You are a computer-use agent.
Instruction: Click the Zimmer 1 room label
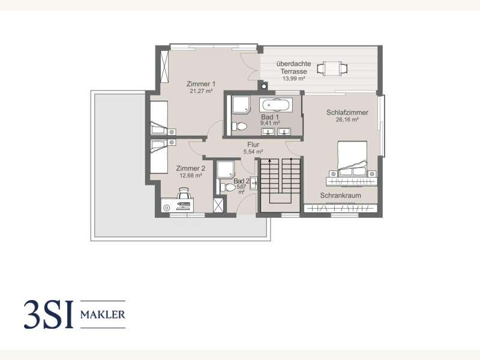click(x=201, y=84)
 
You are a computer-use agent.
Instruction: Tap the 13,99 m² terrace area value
click(x=293, y=79)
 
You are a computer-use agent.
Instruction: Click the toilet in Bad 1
click(x=239, y=126)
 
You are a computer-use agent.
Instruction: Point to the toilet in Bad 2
click(x=228, y=187)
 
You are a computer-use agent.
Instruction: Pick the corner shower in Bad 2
click(x=226, y=169)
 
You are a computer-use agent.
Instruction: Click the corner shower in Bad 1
click(x=241, y=104)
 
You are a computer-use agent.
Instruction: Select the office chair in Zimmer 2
click(x=184, y=193)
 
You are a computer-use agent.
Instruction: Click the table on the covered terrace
click(x=332, y=68)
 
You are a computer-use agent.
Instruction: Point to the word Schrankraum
click(x=340, y=196)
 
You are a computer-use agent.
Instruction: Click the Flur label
click(x=253, y=145)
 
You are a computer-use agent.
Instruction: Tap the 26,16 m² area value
click(x=347, y=119)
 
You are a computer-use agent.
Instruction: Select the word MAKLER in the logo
click(x=103, y=314)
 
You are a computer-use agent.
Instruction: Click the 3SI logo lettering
click(x=49, y=314)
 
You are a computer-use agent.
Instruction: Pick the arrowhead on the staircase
click(x=269, y=161)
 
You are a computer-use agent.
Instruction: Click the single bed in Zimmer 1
click(x=159, y=118)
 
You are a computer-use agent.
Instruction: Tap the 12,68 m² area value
click(x=190, y=176)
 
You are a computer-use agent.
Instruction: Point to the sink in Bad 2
click(x=253, y=184)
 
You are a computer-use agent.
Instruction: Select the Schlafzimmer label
click(x=347, y=112)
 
